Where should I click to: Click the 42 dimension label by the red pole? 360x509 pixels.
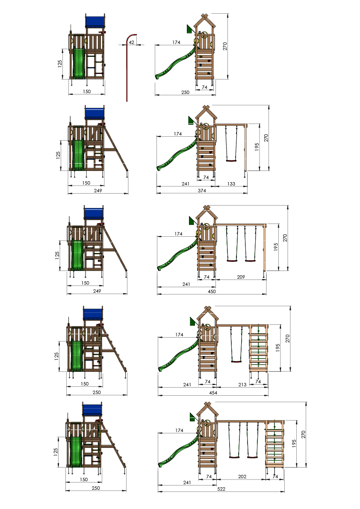131,42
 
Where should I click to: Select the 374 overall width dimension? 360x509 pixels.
202,191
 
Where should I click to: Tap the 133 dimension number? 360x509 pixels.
231,184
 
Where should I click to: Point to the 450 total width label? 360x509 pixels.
212,291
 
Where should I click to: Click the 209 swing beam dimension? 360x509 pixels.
241,277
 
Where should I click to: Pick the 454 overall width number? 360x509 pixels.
213,393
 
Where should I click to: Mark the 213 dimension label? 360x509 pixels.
242,385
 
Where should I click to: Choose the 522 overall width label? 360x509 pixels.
221,489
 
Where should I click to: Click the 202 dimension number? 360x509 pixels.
242,477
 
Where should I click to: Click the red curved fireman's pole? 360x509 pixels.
127,68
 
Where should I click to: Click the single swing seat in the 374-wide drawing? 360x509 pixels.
231,160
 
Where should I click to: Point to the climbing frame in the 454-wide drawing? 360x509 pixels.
258,347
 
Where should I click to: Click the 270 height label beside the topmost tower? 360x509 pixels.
225,46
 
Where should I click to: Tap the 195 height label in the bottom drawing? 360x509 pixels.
294,444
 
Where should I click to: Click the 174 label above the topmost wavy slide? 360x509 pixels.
176,42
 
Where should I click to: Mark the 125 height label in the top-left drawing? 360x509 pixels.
60,64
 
